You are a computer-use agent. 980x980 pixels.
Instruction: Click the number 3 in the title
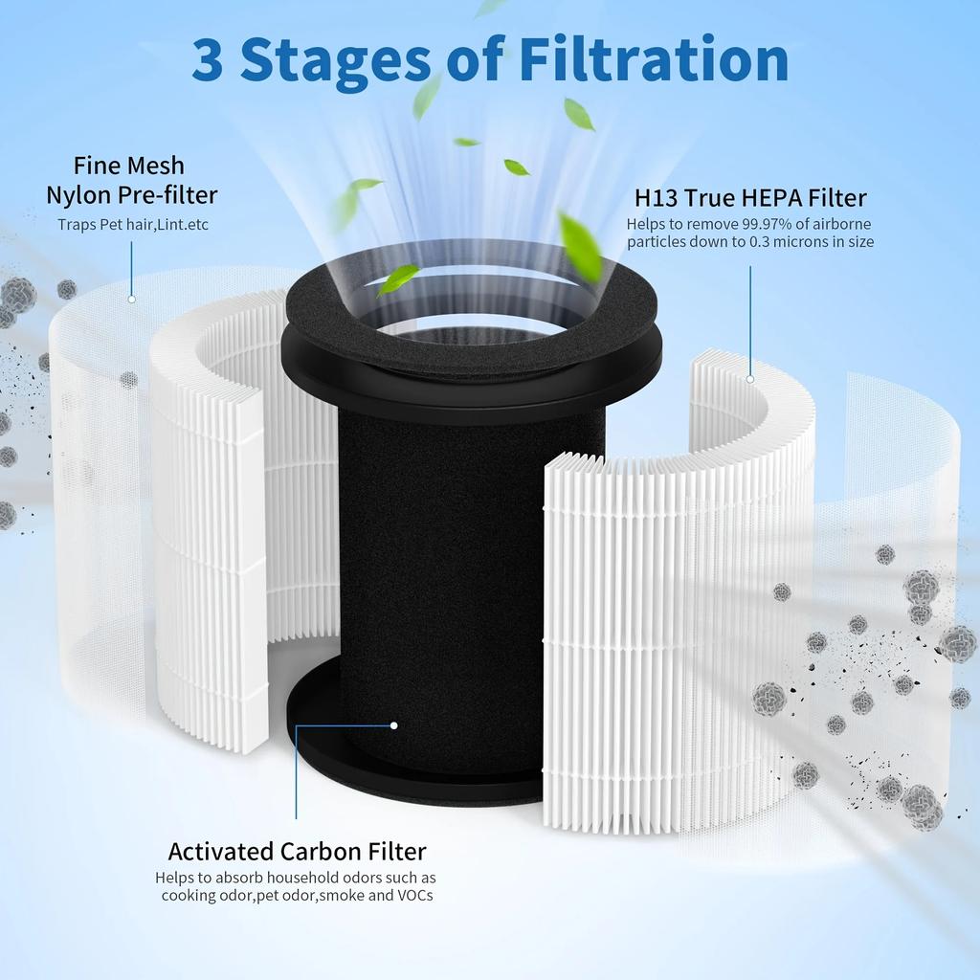point(210,59)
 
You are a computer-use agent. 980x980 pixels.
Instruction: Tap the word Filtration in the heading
point(654,59)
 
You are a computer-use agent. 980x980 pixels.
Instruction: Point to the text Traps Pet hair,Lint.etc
point(132,225)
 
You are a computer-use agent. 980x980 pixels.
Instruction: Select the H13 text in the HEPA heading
point(656,198)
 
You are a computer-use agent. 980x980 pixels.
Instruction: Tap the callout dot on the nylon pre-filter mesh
point(131,299)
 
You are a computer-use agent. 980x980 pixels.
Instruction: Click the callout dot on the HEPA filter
point(750,379)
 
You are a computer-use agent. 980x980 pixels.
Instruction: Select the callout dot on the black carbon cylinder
point(393,725)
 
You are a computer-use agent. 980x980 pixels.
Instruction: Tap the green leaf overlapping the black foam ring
point(399,278)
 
